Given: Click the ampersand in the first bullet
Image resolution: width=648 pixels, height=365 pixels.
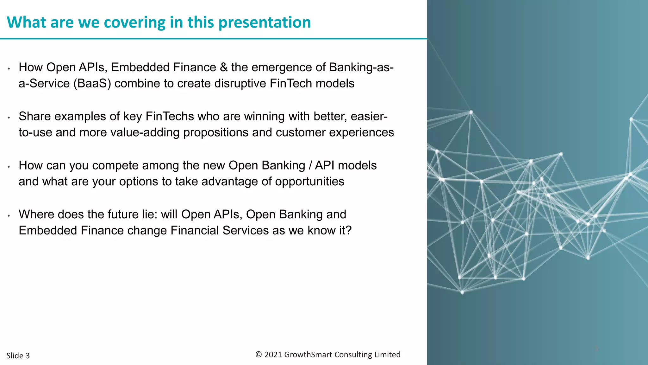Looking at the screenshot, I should pyautogui.click(x=224, y=67).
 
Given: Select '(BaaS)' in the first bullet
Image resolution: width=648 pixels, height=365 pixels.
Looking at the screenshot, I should pyautogui.click(x=92, y=84).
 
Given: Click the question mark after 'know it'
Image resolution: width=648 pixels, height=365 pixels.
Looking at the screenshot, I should pyautogui.click(x=349, y=231).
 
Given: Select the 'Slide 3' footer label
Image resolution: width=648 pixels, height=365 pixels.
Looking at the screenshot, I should pyautogui.click(x=18, y=356).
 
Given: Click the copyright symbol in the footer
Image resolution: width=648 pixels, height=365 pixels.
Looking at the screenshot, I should pyautogui.click(x=259, y=355).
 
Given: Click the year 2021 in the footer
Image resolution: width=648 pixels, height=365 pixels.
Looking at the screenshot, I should pyautogui.click(x=273, y=355).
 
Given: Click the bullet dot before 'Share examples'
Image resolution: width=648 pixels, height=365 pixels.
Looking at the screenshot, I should pyautogui.click(x=9, y=118).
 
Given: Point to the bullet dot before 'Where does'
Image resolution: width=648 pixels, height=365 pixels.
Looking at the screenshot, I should pyautogui.click(x=9, y=216).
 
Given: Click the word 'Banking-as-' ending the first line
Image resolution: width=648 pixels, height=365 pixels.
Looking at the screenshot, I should pyautogui.click(x=361, y=67).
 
